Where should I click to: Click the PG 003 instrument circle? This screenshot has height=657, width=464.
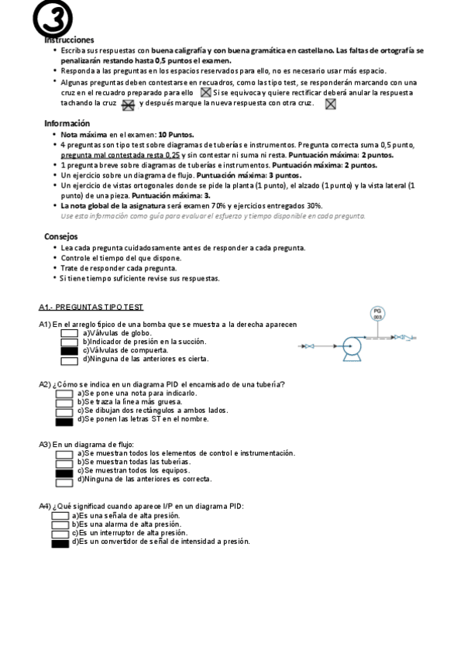click(x=377, y=314)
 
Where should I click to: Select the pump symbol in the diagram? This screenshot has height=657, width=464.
click(x=353, y=346)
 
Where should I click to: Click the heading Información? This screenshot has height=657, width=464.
click(x=67, y=123)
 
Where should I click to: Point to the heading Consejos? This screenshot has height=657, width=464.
click(x=60, y=236)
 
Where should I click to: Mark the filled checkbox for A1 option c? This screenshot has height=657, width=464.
click(x=69, y=350)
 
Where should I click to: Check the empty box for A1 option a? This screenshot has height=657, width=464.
click(x=69, y=333)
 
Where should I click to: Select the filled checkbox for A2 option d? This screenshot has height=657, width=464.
click(x=64, y=421)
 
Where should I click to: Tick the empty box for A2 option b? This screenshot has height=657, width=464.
click(x=64, y=402)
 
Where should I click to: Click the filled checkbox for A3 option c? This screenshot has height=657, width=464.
click(x=65, y=470)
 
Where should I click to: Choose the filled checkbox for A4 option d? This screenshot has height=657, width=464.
click(x=60, y=542)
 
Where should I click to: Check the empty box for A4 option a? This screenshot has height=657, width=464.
click(x=60, y=515)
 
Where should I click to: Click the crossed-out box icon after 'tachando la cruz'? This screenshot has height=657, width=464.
click(x=129, y=104)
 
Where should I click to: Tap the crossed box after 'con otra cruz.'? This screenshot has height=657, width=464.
click(x=330, y=104)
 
